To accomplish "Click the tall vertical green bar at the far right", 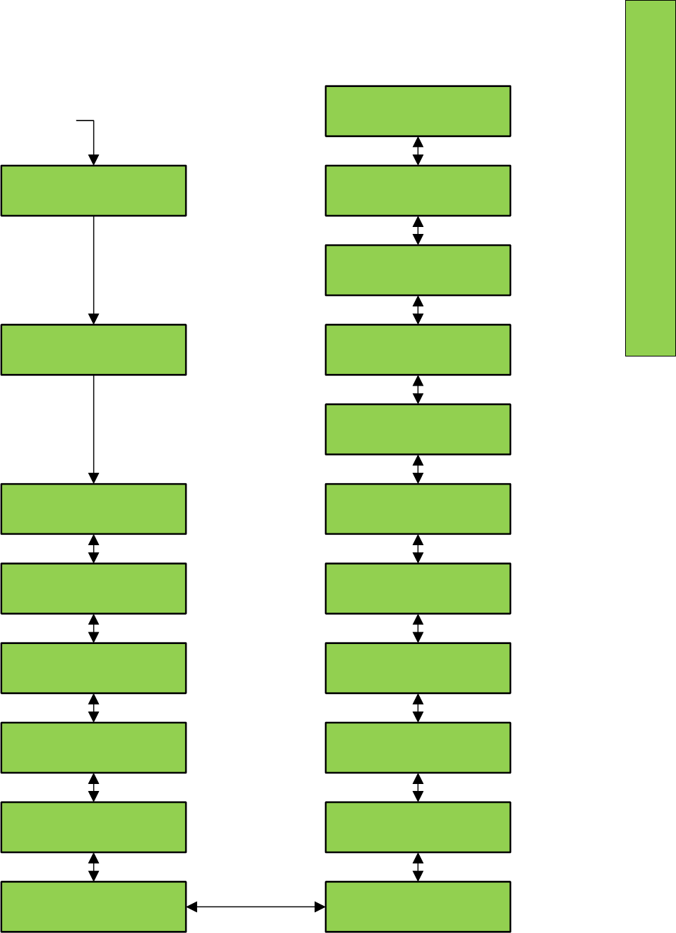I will [650, 178].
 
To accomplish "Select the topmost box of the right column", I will [418, 111].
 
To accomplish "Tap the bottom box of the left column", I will [93, 907].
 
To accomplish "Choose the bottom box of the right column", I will [418, 907].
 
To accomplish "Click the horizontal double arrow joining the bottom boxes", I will [256, 907].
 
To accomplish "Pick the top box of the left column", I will [93, 190].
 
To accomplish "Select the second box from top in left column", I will [93, 350].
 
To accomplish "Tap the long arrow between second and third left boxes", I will [93, 428].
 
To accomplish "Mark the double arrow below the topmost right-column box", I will [418, 150].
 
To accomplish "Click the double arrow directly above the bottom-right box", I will [418, 867].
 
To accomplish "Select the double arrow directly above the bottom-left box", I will [93, 867].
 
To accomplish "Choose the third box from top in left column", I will [93, 509].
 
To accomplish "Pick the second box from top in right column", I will [418, 190].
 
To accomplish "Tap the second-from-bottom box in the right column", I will [418, 827].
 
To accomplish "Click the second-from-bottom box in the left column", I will [93, 827].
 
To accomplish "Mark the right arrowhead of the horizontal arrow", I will [320, 907].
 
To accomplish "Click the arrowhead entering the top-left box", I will [93, 160].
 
